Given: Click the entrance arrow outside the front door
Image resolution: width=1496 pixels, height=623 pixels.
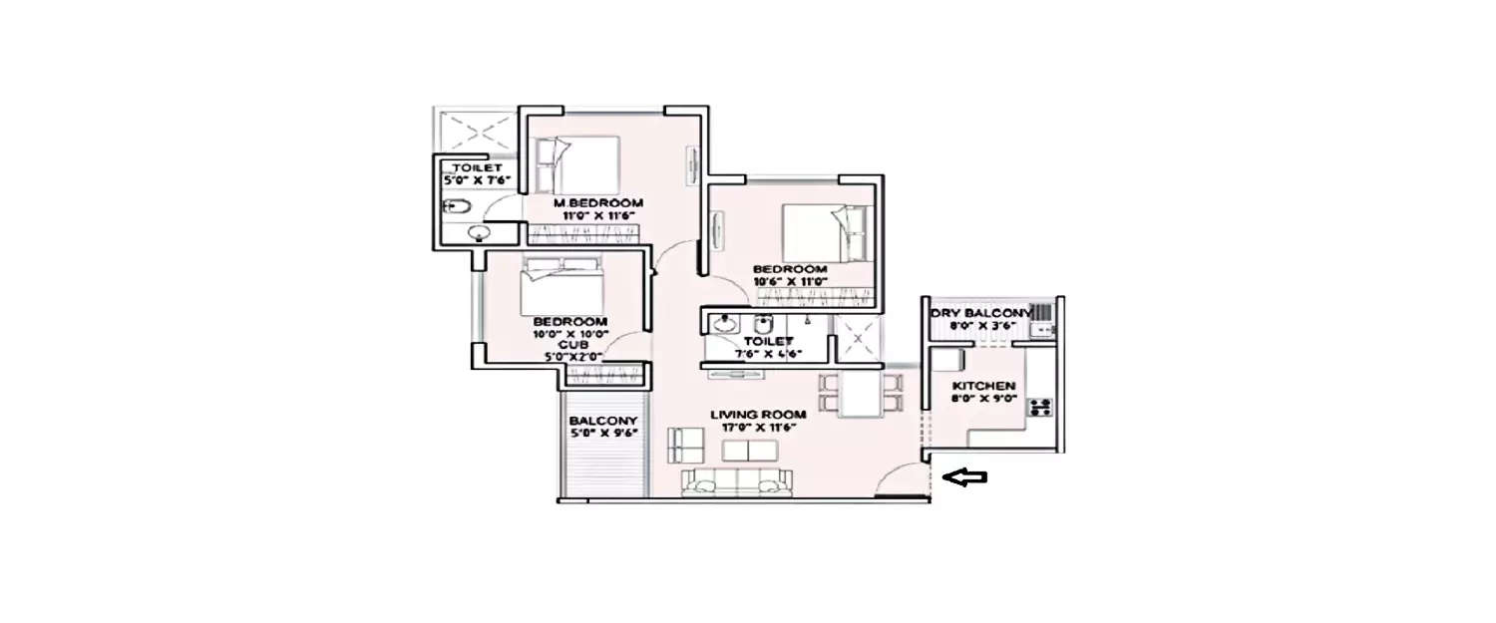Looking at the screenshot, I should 965,478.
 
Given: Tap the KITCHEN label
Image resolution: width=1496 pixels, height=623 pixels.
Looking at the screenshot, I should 983,386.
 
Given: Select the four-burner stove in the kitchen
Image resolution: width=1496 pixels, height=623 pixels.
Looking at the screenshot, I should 1039,407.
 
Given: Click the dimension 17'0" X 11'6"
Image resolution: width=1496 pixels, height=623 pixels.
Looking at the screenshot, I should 752,428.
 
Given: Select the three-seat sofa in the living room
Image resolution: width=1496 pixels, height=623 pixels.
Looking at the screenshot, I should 735,482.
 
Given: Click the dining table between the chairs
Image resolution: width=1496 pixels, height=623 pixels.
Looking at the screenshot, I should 859,393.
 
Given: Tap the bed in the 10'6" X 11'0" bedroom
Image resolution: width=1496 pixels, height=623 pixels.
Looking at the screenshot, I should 827,232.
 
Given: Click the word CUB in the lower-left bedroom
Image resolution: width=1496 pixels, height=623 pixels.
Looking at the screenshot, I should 570,344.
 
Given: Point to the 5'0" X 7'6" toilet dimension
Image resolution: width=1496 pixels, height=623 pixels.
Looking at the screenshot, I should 477,181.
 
